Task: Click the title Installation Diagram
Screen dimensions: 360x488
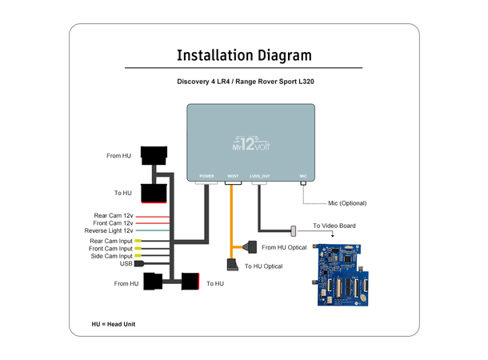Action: tap(244, 55)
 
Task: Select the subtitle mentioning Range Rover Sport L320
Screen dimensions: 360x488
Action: tap(244, 82)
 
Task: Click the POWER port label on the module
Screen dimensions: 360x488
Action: tap(206, 175)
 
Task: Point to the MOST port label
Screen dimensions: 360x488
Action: tap(234, 175)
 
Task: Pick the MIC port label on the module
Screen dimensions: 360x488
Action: tap(303, 175)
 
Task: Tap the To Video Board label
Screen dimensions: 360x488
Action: tap(334, 226)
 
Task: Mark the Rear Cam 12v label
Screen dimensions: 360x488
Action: tap(113, 216)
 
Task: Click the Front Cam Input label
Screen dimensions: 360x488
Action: tap(110, 249)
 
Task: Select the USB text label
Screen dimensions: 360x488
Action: tap(126, 263)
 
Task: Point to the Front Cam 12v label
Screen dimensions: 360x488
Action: tap(112, 223)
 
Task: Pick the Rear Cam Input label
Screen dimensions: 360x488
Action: tap(111, 241)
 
